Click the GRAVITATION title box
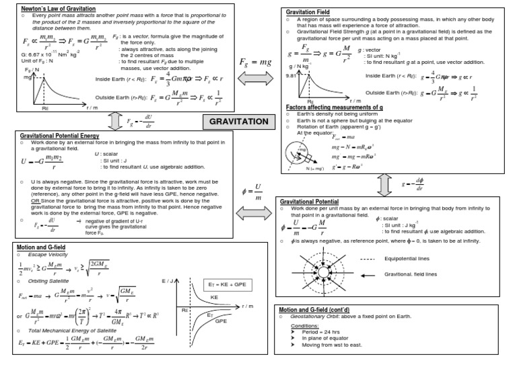tap(239, 121)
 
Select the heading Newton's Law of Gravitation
tap(50, 7)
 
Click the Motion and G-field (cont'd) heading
tap(322, 311)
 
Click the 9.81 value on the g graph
tap(291, 76)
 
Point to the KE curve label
tap(213, 296)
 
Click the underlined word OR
tap(34, 200)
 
